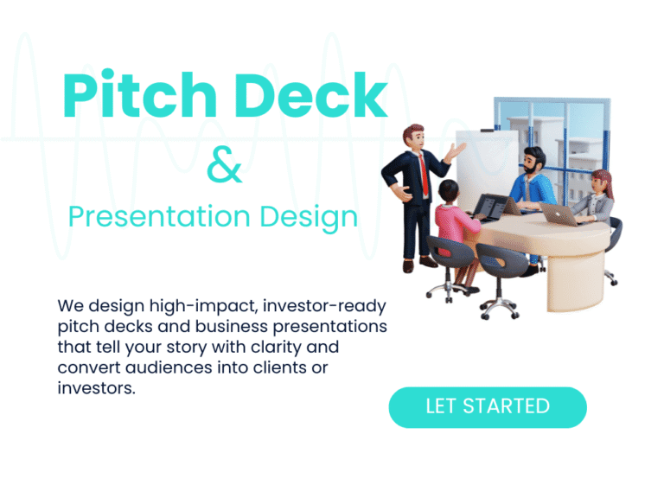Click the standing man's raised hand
coord(455,152)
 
